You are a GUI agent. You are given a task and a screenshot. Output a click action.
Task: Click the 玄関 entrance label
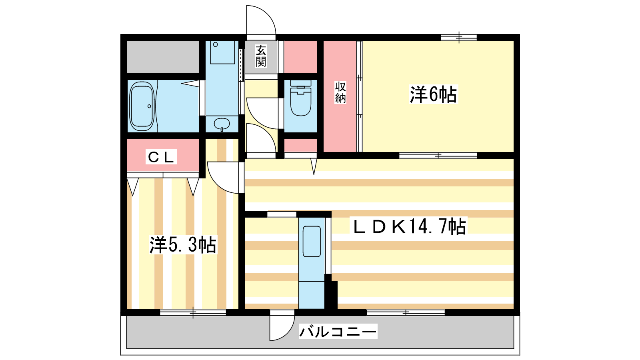coord(261,56)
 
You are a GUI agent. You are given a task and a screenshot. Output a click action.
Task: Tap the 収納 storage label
coord(340,93)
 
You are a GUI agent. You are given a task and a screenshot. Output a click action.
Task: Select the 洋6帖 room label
coord(433,95)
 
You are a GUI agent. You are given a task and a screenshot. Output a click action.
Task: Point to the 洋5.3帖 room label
coord(183,245)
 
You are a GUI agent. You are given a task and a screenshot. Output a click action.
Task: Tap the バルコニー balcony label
coord(338,332)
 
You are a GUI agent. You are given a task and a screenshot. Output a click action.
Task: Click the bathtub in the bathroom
coord(142,106)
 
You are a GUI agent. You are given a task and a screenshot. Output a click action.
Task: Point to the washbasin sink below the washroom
coord(222,124)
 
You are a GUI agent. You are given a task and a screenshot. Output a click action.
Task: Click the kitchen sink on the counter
coord(312,242)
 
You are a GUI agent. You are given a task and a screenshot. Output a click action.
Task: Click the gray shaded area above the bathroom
coord(163,56)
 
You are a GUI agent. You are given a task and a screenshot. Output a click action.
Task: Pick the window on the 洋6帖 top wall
coord(459,38)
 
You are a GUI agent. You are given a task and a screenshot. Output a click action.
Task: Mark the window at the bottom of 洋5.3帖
coord(193,312)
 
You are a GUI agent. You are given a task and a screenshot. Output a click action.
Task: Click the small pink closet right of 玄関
coord(300,56)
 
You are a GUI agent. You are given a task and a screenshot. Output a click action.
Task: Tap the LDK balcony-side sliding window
coord(406,312)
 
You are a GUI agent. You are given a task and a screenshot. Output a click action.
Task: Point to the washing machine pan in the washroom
coord(222,52)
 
